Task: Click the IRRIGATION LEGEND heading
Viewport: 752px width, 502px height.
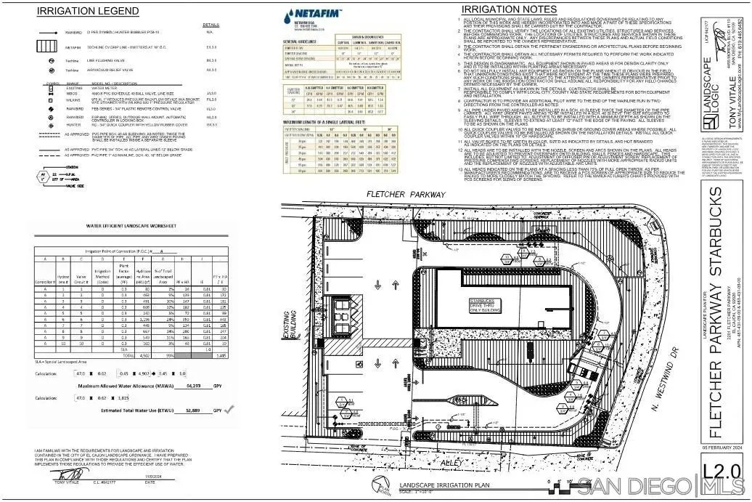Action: [88, 11]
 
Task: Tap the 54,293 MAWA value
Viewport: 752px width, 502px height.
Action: [194, 386]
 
